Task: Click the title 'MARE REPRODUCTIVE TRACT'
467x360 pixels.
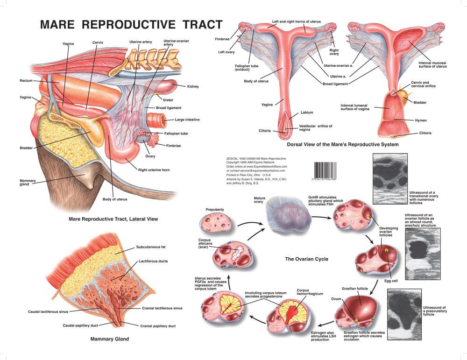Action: (x=132, y=24)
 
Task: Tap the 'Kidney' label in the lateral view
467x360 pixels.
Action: (x=192, y=86)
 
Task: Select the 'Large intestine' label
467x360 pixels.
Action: (x=187, y=120)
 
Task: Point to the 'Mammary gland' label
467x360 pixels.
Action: (x=25, y=183)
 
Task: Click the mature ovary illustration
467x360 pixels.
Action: (x=286, y=215)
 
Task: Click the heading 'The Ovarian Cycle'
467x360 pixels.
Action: (x=307, y=259)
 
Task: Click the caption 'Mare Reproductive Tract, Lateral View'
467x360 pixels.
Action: (x=113, y=219)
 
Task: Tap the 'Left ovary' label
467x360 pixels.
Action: (x=228, y=52)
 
